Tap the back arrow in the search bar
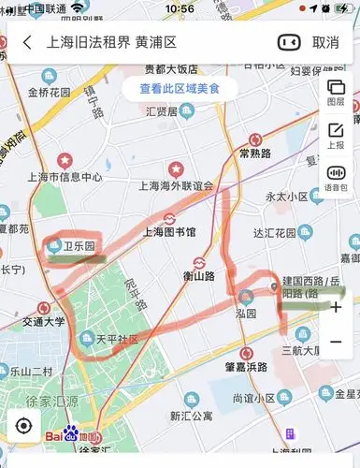(x=27, y=42)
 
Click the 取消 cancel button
(x=325, y=42)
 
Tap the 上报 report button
(x=336, y=136)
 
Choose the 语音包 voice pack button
(x=336, y=179)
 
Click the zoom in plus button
(x=336, y=307)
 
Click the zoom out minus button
(x=336, y=342)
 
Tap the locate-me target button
(x=22, y=426)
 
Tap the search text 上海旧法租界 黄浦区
(x=111, y=42)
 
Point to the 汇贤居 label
(x=162, y=111)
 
